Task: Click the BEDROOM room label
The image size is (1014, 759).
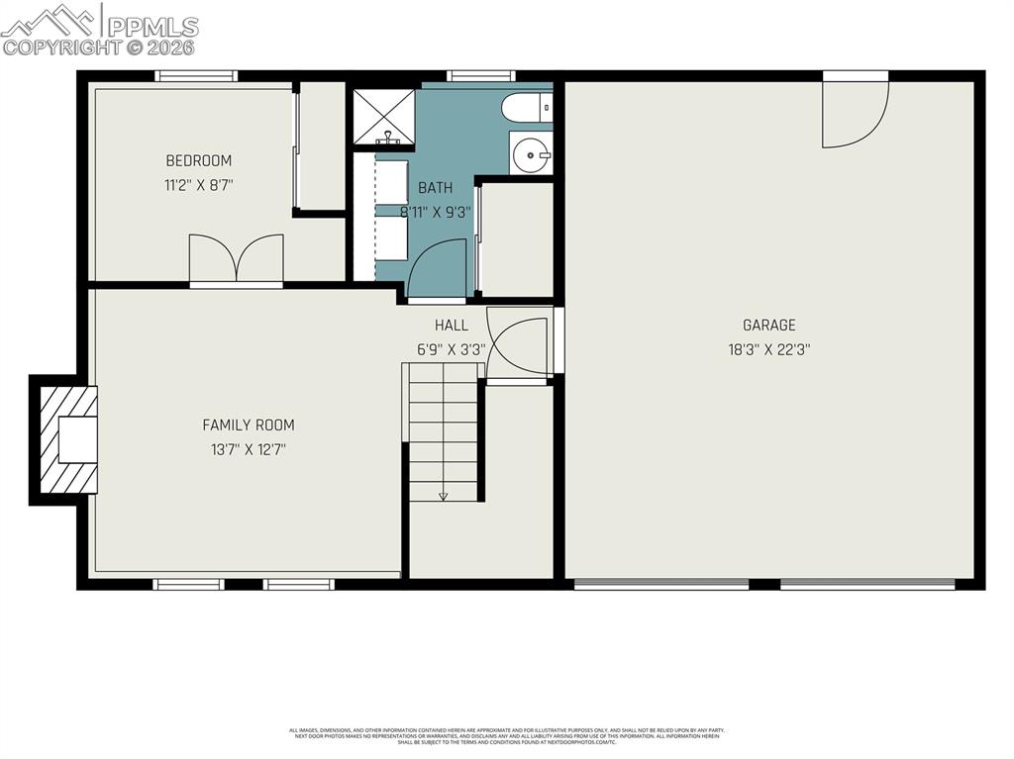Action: tap(198, 160)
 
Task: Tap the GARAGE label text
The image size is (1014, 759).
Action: tap(769, 325)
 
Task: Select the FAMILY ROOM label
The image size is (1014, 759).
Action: tap(249, 426)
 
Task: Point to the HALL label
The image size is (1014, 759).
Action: tap(452, 325)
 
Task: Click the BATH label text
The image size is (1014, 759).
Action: tap(435, 188)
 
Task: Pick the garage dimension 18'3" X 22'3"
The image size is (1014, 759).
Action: tap(769, 349)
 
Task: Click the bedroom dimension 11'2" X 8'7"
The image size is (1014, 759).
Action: tap(198, 184)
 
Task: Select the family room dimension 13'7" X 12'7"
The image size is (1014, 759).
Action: tap(249, 449)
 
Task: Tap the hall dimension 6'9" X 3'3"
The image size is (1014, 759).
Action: tap(452, 349)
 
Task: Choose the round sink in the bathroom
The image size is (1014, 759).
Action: tap(532, 155)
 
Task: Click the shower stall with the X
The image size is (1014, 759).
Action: tap(384, 118)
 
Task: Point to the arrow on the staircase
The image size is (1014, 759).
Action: tap(443, 495)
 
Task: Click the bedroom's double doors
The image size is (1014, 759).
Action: tap(236, 259)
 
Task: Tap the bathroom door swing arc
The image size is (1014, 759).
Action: tap(437, 269)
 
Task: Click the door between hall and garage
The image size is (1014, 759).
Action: tap(518, 346)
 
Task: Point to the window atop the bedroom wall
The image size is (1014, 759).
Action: tap(196, 75)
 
